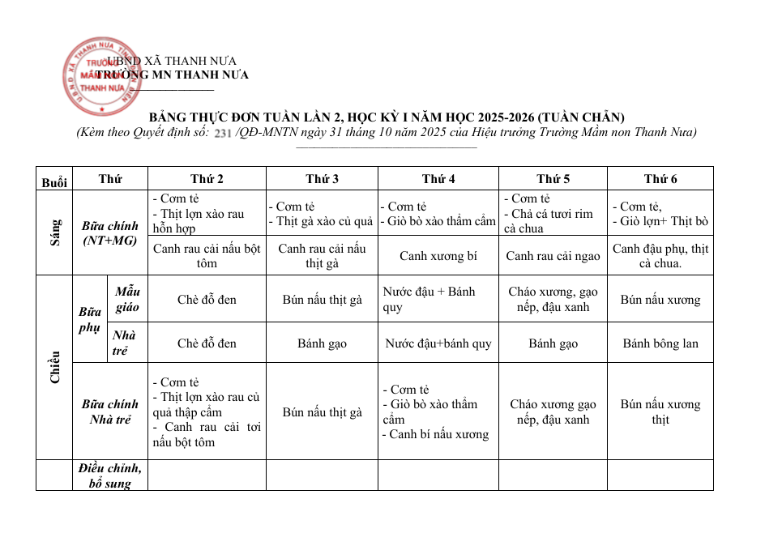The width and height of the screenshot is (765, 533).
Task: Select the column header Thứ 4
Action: pyautogui.click(x=438, y=179)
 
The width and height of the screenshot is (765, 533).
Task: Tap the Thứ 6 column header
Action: pyautogui.click(x=660, y=179)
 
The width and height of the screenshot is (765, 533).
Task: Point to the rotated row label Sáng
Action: pyautogui.click(x=54, y=232)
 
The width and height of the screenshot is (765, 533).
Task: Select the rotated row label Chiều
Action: pyautogui.click(x=54, y=367)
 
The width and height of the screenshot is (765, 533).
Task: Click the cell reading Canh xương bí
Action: pyautogui.click(x=438, y=256)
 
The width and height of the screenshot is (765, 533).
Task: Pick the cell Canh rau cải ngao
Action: pyautogui.click(x=553, y=256)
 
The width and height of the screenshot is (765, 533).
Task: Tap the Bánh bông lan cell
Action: pyautogui.click(x=660, y=343)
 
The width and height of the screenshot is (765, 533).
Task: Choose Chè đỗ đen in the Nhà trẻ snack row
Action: pyautogui.click(x=207, y=343)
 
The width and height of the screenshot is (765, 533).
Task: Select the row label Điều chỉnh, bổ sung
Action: pyautogui.click(x=109, y=475)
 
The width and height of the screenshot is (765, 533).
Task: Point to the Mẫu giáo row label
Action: pyautogui.click(x=127, y=299)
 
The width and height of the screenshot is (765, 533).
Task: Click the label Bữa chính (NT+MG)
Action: pyautogui.click(x=109, y=232)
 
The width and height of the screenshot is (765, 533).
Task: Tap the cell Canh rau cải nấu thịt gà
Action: pyautogui.click(x=322, y=255)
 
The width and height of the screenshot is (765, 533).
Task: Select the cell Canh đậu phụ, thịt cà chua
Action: pyautogui.click(x=660, y=255)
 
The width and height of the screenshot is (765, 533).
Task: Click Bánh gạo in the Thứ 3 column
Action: pyautogui.click(x=322, y=343)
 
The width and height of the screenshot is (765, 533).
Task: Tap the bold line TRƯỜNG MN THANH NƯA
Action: pyautogui.click(x=172, y=75)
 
